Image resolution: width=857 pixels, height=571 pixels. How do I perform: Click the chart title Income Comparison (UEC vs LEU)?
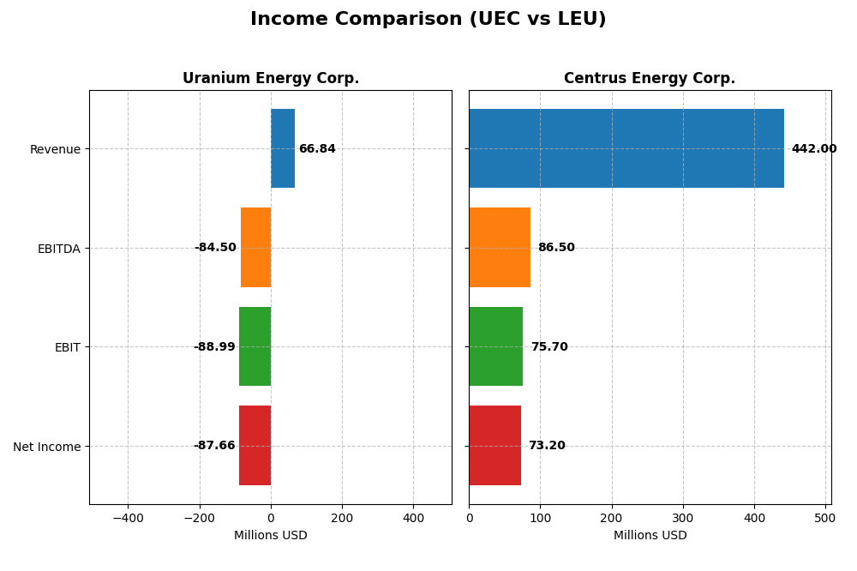click(428, 19)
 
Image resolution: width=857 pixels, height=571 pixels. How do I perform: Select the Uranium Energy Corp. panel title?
click(270, 78)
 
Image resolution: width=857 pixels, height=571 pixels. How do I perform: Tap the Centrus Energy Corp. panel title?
click(650, 78)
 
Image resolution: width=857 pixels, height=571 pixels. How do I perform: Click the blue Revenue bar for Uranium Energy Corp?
click(283, 148)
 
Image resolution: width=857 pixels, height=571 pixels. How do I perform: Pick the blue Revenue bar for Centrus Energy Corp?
click(626, 148)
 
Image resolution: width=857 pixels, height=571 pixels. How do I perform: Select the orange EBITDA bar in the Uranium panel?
click(255, 247)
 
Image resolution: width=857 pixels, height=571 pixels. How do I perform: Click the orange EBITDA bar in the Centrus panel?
click(500, 247)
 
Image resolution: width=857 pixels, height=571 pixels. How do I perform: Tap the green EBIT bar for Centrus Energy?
click(496, 346)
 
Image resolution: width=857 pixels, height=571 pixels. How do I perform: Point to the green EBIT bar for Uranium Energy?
click(255, 346)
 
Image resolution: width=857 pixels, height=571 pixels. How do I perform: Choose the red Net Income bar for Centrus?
click(495, 445)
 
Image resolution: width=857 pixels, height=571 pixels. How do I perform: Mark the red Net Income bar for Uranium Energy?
click(255, 445)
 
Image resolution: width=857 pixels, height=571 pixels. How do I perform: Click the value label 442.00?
click(813, 149)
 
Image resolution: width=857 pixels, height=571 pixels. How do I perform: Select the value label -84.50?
click(215, 248)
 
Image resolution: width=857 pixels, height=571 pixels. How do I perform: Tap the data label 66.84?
click(317, 149)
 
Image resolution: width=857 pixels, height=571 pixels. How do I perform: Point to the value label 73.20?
click(547, 446)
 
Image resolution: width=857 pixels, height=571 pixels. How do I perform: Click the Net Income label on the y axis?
click(47, 447)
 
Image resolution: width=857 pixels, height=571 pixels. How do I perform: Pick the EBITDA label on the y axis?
click(59, 249)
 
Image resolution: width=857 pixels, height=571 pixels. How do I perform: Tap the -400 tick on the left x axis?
click(128, 519)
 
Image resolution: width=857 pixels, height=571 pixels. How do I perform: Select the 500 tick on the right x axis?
click(825, 519)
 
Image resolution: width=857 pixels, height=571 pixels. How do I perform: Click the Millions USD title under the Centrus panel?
click(650, 536)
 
